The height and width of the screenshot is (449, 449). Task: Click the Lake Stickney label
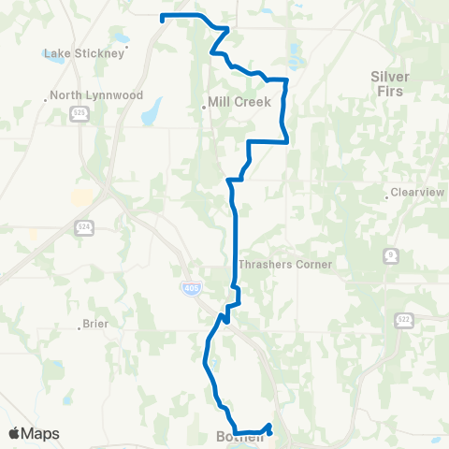tap(84, 53)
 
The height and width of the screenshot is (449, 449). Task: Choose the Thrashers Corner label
tap(286, 265)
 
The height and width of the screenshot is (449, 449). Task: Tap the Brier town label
tap(96, 324)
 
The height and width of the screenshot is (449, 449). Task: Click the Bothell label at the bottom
tap(236, 437)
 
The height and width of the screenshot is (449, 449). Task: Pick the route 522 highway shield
tap(403, 320)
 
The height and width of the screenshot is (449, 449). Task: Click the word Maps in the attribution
tap(41, 433)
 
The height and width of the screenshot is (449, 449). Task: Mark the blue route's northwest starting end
tap(163, 17)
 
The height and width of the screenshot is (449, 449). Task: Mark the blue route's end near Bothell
tap(270, 427)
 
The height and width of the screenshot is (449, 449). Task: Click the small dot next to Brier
tap(80, 328)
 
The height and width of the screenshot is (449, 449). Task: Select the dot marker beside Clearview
tap(386, 197)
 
